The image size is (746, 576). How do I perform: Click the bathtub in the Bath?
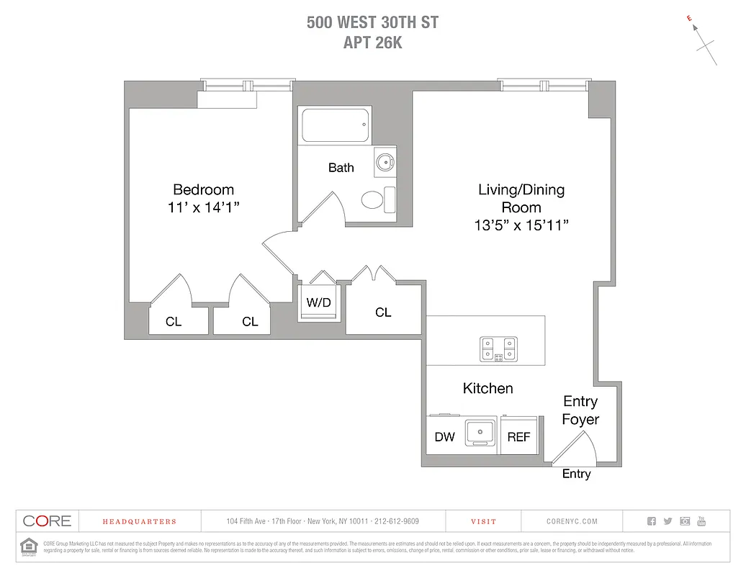pos(336,125)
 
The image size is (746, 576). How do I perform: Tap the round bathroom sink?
pos(385,162)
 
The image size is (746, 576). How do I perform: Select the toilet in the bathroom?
pos(373,199)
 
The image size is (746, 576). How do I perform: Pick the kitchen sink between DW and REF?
pos(480,433)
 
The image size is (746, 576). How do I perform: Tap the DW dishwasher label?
pos(445,437)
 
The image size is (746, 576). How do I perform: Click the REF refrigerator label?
pos(518,437)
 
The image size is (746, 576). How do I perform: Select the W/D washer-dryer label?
pos(318,302)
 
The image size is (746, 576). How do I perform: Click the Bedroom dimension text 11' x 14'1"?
pos(204,207)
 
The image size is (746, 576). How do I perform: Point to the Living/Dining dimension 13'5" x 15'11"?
pos(521,225)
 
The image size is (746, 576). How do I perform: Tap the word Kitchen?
pos(487,389)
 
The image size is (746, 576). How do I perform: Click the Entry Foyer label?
pos(580,410)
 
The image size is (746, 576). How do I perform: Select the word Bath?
pos(341,168)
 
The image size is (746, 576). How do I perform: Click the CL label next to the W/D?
pos(383,312)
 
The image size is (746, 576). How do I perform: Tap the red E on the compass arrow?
pos(689,19)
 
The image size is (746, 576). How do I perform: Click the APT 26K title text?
pos(373,42)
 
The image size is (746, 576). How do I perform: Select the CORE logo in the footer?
pos(47,521)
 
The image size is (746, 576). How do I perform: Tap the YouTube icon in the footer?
pos(701,521)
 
